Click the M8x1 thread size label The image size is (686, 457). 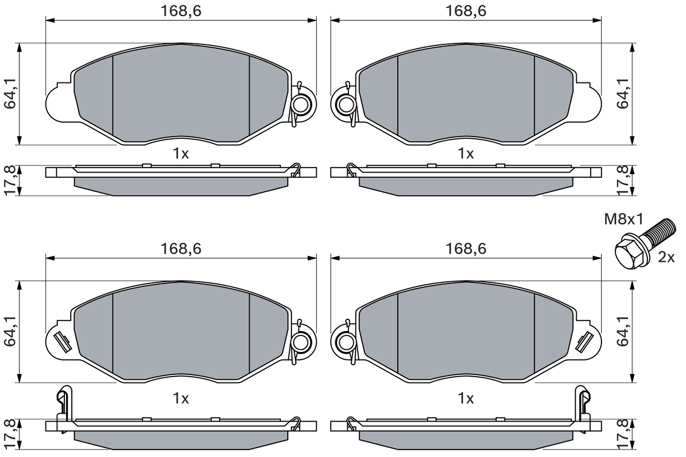[x=623, y=219]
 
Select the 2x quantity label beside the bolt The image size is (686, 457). [x=666, y=258]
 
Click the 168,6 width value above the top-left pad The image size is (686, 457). [x=181, y=11]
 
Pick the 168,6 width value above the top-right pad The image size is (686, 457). [x=466, y=11]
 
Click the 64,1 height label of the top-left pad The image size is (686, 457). [x=10, y=94]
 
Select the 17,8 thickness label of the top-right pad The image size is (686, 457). [x=623, y=180]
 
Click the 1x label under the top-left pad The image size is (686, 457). [x=181, y=154]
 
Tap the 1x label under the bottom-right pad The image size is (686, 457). [x=466, y=399]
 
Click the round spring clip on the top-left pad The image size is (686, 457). [x=301, y=103]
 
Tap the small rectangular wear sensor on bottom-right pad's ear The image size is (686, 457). [x=584, y=341]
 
